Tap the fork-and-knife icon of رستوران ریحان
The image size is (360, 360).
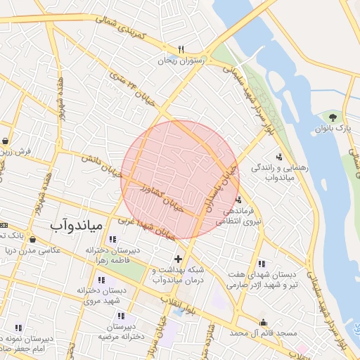click(181, 49)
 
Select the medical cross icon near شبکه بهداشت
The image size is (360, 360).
click(178, 259)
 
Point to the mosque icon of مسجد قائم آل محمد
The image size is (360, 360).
click(263, 323)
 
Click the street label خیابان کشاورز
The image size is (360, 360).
click(161, 199)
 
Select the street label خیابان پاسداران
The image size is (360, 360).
click(222, 184)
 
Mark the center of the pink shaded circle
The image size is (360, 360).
click(181, 179)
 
